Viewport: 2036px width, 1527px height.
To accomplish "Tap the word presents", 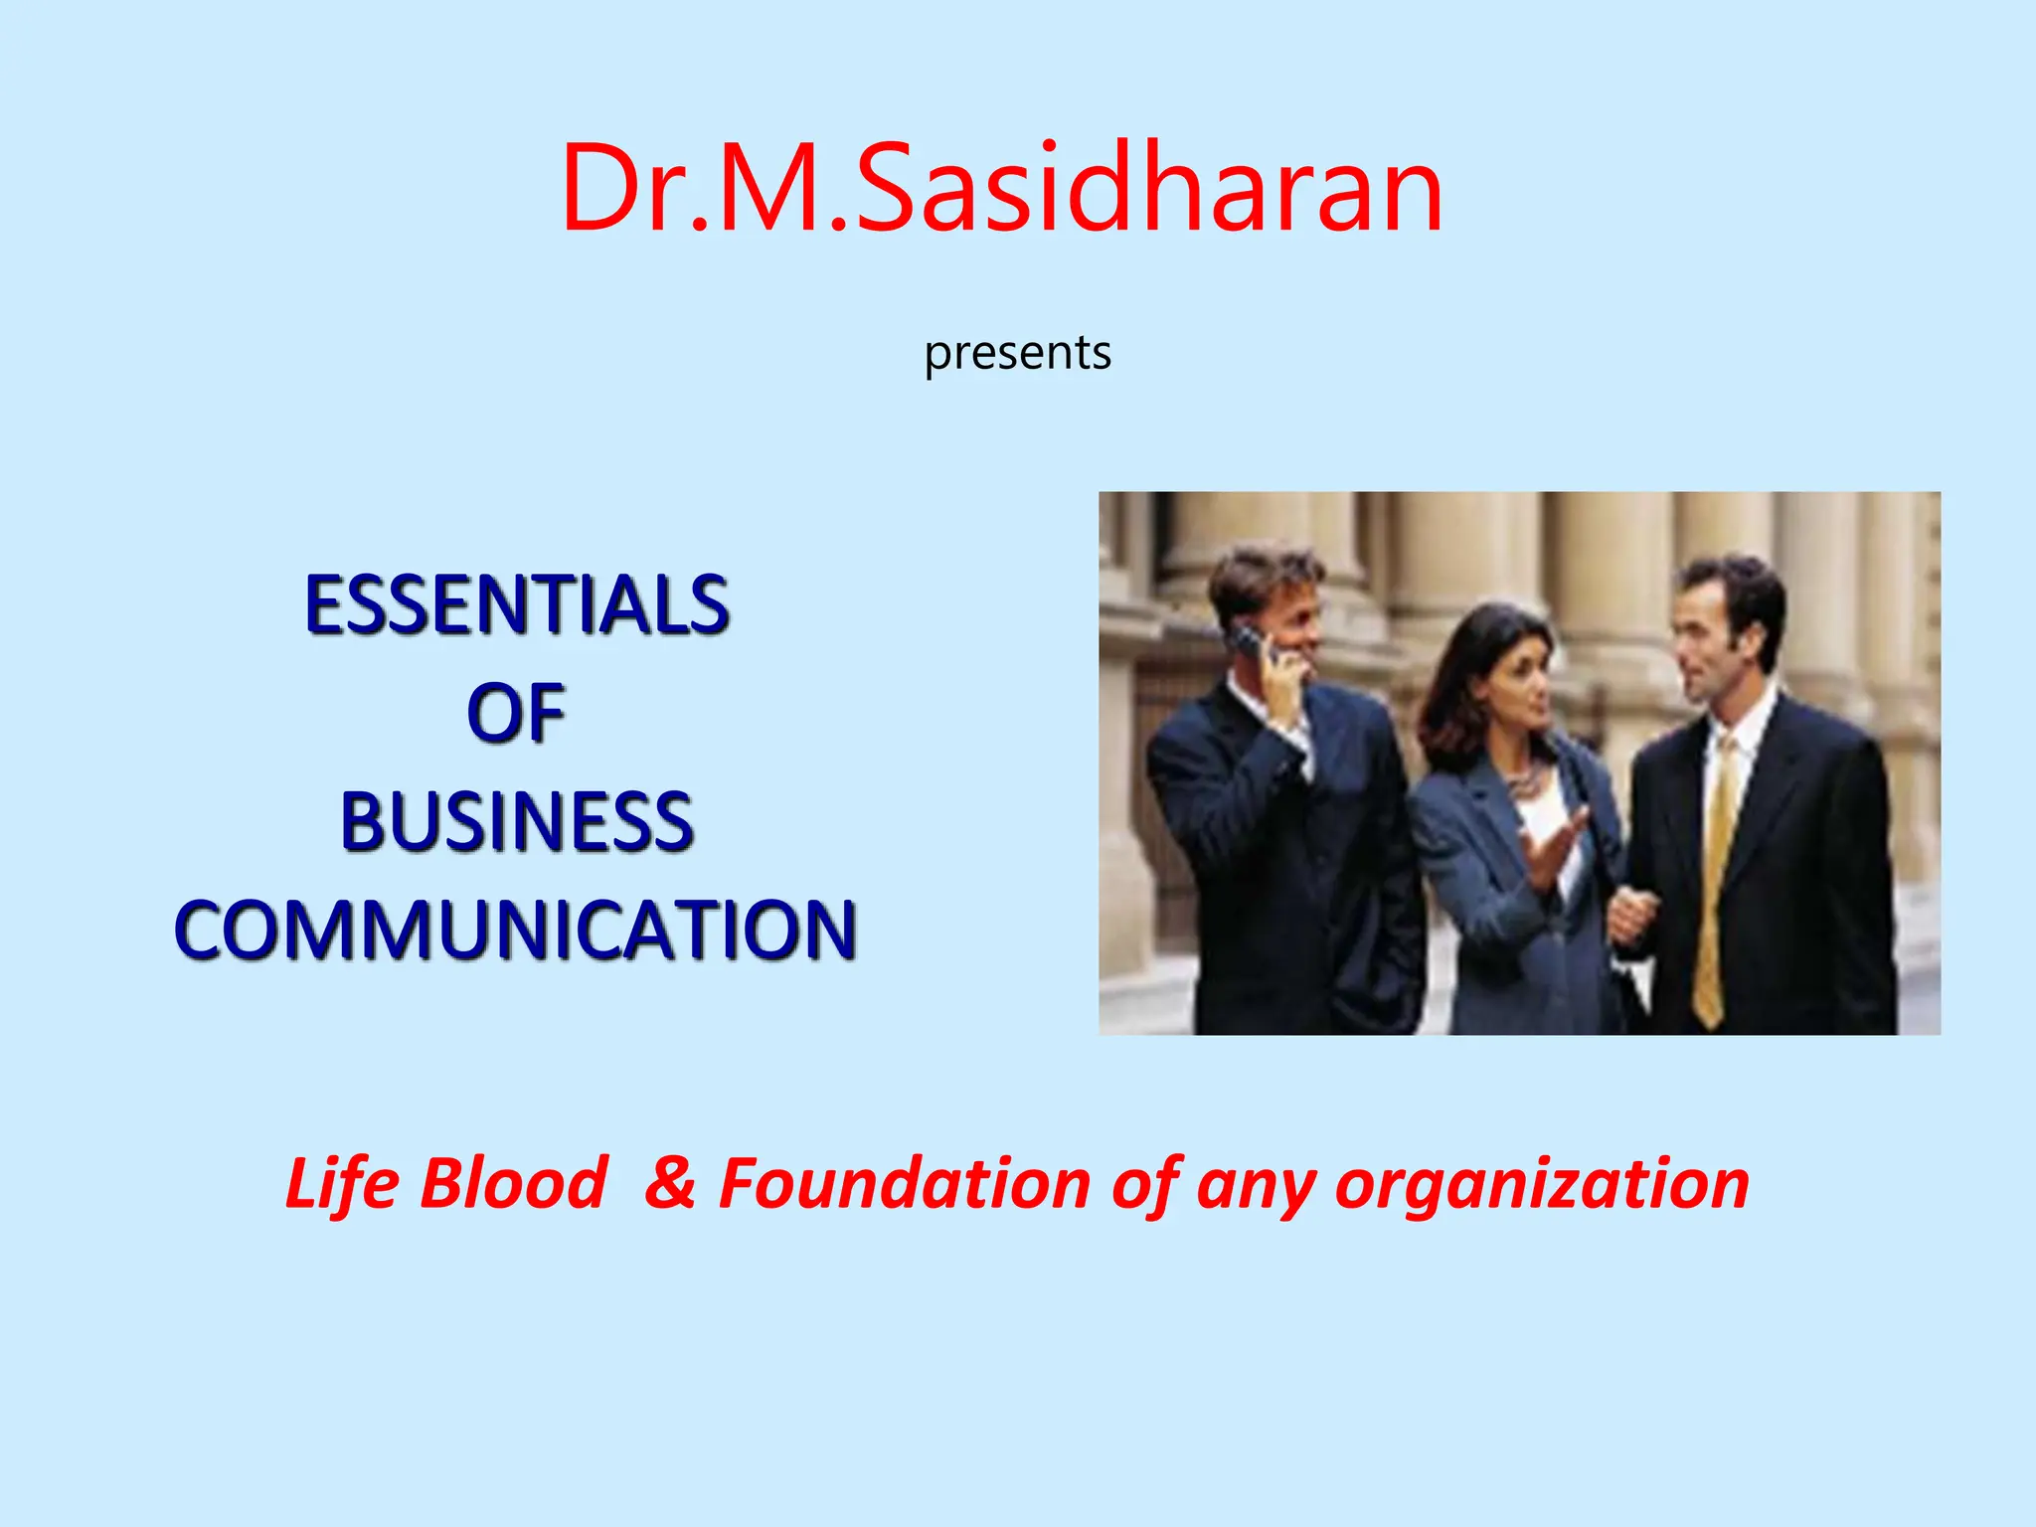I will click(1017, 354).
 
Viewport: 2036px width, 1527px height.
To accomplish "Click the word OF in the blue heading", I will click(516, 714).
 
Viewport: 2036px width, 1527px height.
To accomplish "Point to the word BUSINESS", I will click(516, 822).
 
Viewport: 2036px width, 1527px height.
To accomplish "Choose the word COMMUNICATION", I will click(516, 931).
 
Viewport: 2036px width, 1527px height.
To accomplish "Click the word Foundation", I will click(904, 1185).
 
